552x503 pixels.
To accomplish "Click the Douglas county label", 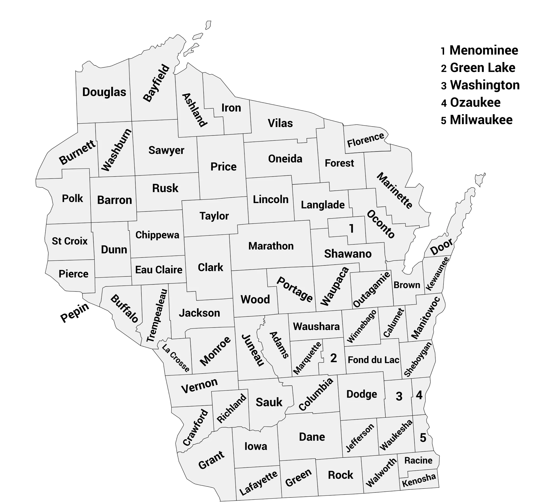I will click(x=104, y=92).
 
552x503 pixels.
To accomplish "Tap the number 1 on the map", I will click(x=351, y=228).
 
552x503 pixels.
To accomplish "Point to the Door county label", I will click(x=442, y=246).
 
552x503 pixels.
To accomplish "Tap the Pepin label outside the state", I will click(x=75, y=312).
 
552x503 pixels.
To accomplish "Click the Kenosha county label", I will click(x=419, y=480).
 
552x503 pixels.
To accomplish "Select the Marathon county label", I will click(x=271, y=246).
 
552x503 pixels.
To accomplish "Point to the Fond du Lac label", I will click(x=373, y=360).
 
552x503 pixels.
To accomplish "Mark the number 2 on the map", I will click(x=333, y=358).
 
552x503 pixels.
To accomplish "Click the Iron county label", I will click(x=231, y=108).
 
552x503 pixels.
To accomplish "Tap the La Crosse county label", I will click(x=176, y=358).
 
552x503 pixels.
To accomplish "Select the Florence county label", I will click(x=365, y=140).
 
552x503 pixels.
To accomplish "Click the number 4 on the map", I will click(x=419, y=395).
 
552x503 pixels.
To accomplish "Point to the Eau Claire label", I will click(x=159, y=270).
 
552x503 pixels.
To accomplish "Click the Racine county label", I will click(x=418, y=461).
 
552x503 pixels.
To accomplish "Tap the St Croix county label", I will click(x=70, y=241).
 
